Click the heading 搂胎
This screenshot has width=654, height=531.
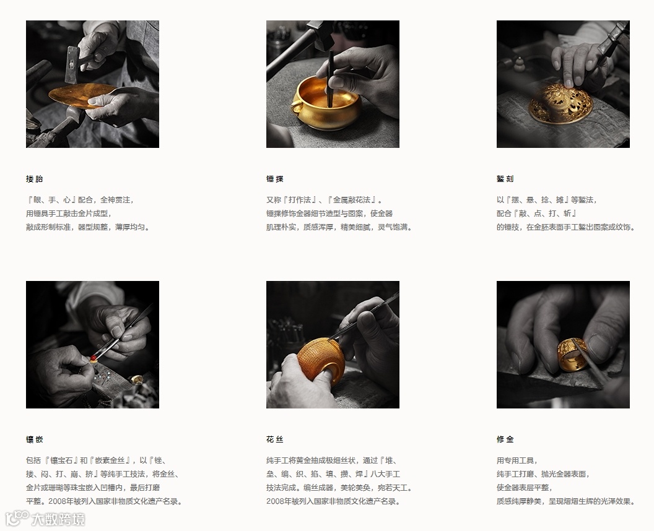click(34, 179)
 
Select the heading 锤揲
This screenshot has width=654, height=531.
click(275, 179)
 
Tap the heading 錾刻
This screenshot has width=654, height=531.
click(505, 179)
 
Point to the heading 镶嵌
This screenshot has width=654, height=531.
click(34, 439)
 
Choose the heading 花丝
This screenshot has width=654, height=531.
click(275, 439)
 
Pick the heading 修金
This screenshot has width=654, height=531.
click(505, 439)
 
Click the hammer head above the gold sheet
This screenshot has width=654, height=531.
click(72, 64)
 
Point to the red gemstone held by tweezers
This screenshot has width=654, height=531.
click(93, 358)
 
